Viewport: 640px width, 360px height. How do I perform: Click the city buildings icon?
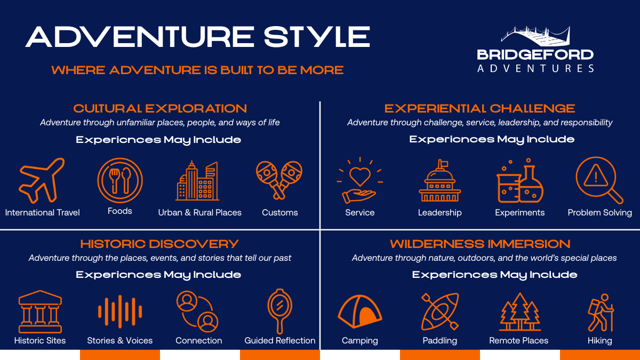pos(197,181)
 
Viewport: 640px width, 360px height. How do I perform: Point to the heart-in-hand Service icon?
pos(359,181)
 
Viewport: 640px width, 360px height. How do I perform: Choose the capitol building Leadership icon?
pos(439,181)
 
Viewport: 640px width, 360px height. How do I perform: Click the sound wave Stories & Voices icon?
pos(120,311)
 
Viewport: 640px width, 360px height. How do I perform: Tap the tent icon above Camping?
pos(359,311)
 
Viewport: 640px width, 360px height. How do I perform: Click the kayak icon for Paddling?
pos(439,311)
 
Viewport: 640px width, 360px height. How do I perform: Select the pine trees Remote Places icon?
pos(519,311)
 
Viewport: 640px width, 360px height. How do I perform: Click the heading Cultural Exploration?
pos(160,109)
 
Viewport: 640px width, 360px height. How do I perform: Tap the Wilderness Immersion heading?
pos(480,244)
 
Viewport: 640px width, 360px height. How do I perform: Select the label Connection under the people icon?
pos(199,340)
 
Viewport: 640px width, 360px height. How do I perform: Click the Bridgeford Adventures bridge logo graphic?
pos(535,36)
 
